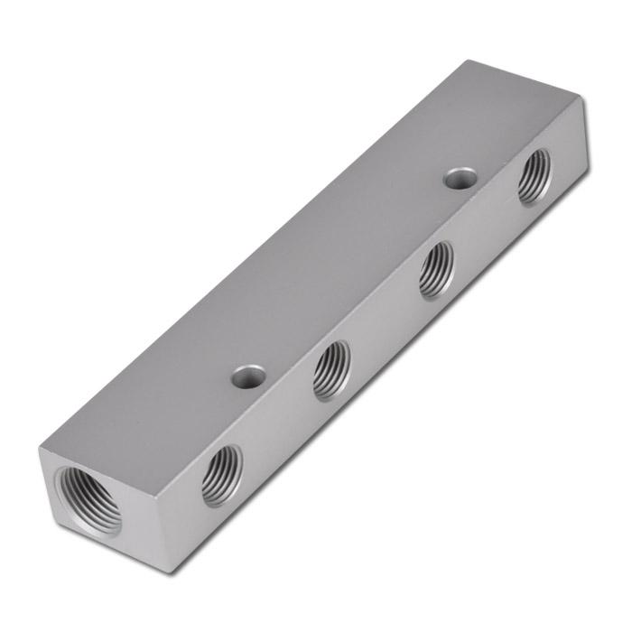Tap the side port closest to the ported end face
(220, 474)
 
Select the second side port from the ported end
(330, 370)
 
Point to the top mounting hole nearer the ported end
(246, 376)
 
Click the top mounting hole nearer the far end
(460, 177)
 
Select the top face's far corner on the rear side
(469, 60)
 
